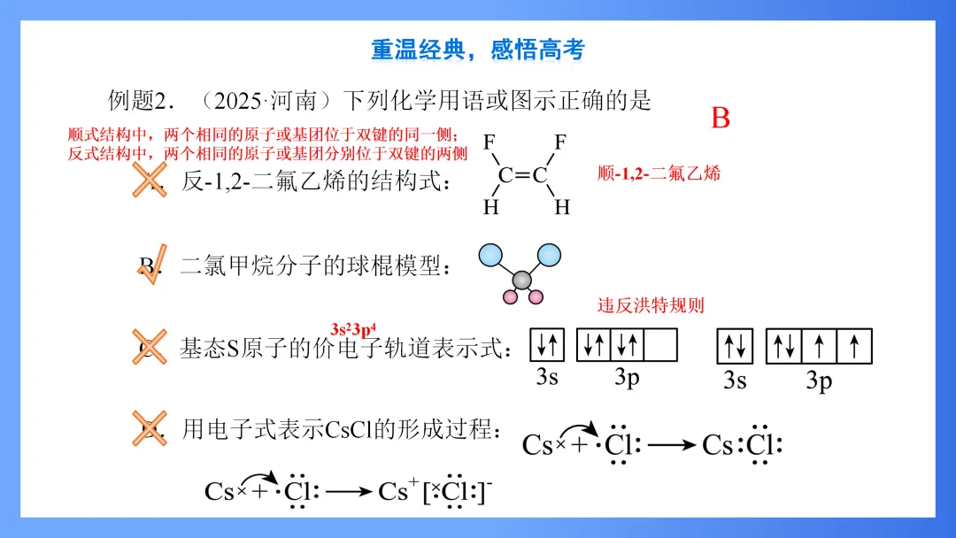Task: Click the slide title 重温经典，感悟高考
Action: click(x=478, y=50)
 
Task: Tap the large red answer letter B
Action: click(x=721, y=119)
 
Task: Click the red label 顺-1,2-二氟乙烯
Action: click(x=659, y=173)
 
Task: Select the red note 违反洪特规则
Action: click(x=651, y=305)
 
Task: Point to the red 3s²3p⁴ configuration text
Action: click(x=360, y=327)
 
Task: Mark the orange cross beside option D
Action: click(x=149, y=428)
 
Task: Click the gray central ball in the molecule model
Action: click(x=522, y=281)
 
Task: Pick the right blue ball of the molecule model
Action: click(x=550, y=256)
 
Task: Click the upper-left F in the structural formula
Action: click(x=491, y=142)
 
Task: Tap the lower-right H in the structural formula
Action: click(x=561, y=208)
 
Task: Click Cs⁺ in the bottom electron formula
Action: click(x=395, y=491)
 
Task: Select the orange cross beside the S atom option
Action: click(x=150, y=347)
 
